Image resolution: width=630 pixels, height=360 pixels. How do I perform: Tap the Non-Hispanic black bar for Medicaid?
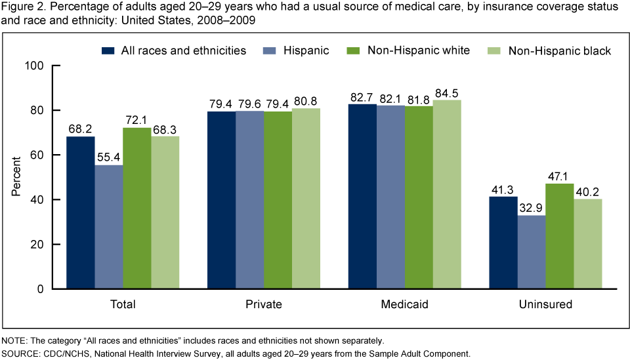tap(447, 194)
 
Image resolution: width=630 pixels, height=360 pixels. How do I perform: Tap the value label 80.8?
tap(306, 101)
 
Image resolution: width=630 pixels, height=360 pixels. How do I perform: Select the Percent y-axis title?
tap(16, 177)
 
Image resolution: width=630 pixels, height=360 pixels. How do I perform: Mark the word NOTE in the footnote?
tap(14, 340)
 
